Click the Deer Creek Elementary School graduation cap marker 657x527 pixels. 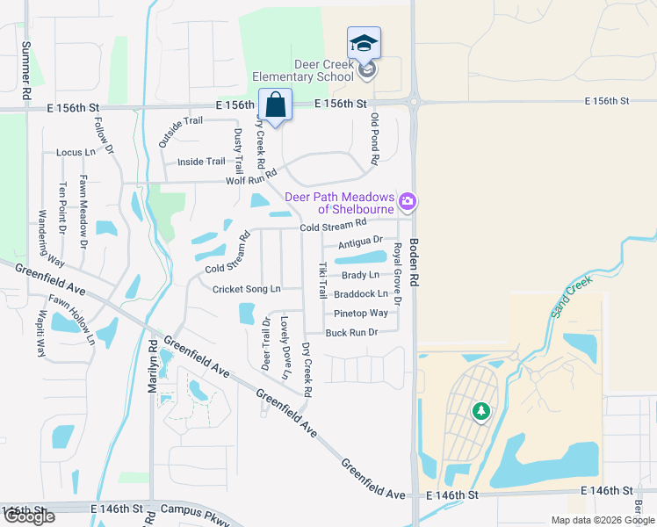point(365,43)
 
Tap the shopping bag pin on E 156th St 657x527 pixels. point(275,105)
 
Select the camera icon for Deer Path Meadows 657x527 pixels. point(407,203)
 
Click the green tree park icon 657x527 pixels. point(480,410)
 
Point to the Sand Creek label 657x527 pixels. point(572,297)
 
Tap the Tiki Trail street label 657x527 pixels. point(322,278)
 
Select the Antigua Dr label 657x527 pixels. point(360,241)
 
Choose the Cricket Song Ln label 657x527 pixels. point(246,289)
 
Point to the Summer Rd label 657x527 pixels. point(26,69)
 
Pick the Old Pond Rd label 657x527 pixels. point(375,139)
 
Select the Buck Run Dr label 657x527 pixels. point(351,333)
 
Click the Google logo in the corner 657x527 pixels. point(29,516)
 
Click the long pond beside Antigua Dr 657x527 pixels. point(361,258)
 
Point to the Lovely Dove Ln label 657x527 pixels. point(285,349)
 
